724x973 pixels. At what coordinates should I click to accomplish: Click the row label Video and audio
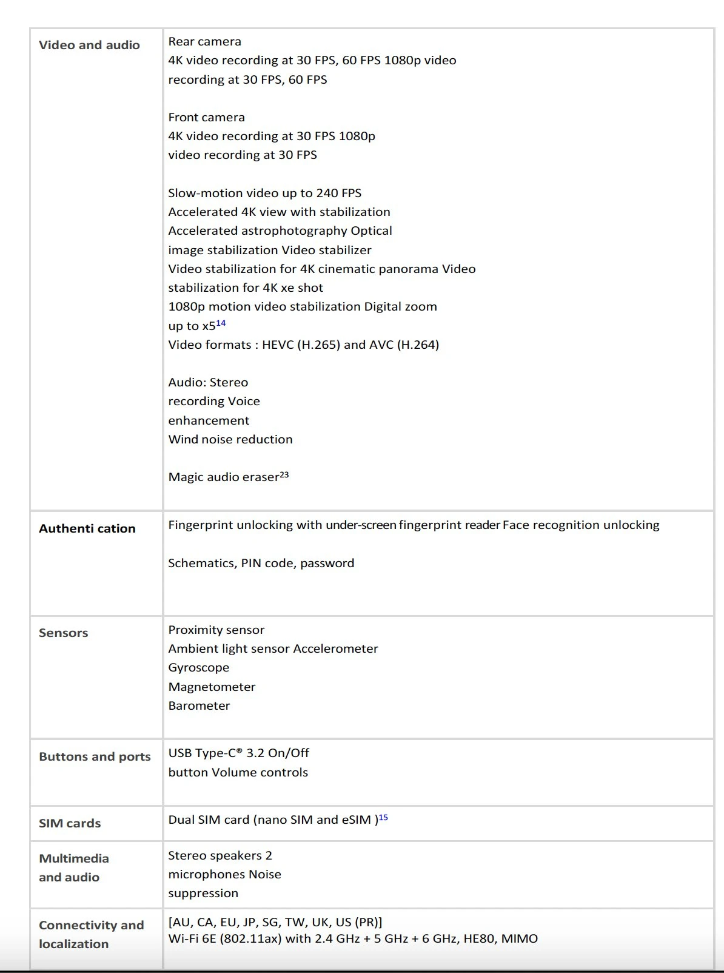89,45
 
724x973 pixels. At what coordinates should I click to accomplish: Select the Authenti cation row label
87,528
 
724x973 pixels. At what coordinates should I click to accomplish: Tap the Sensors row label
63,633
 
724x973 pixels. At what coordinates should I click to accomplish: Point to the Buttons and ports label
95,756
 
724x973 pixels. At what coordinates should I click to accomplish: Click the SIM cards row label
70,823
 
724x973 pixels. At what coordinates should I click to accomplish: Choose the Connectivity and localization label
91,934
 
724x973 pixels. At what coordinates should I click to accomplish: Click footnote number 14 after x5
221,323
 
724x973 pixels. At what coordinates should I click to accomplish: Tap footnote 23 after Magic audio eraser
284,475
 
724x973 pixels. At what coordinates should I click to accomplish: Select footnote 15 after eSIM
383,818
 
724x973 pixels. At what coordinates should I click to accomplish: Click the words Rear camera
204,41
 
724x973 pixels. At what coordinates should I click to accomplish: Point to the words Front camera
206,117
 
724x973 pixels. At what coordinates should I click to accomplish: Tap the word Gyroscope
198,667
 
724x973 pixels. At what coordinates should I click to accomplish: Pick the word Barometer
199,705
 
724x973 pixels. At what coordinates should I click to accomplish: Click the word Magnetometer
212,687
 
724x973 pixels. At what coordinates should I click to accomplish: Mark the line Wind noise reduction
230,439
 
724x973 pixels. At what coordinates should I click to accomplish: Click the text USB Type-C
205,753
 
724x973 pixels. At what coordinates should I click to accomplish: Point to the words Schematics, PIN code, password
261,563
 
